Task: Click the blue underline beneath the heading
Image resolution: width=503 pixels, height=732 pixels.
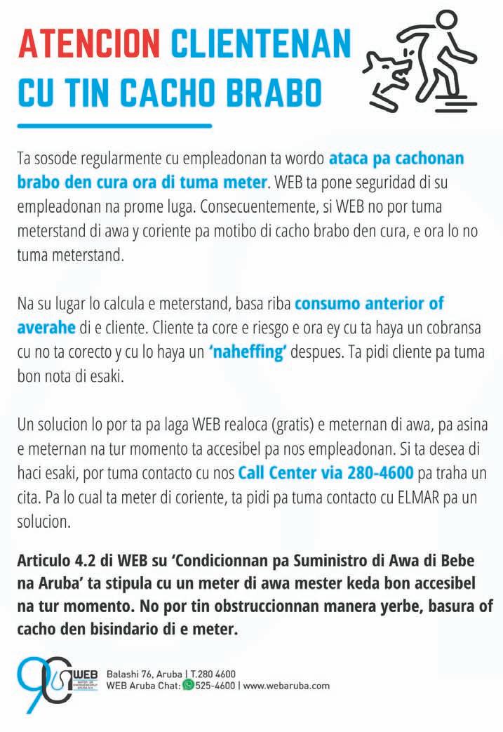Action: point(114,126)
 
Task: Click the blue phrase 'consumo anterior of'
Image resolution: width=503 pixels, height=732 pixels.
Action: point(369,305)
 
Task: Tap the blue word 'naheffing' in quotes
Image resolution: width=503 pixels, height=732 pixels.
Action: point(248,352)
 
